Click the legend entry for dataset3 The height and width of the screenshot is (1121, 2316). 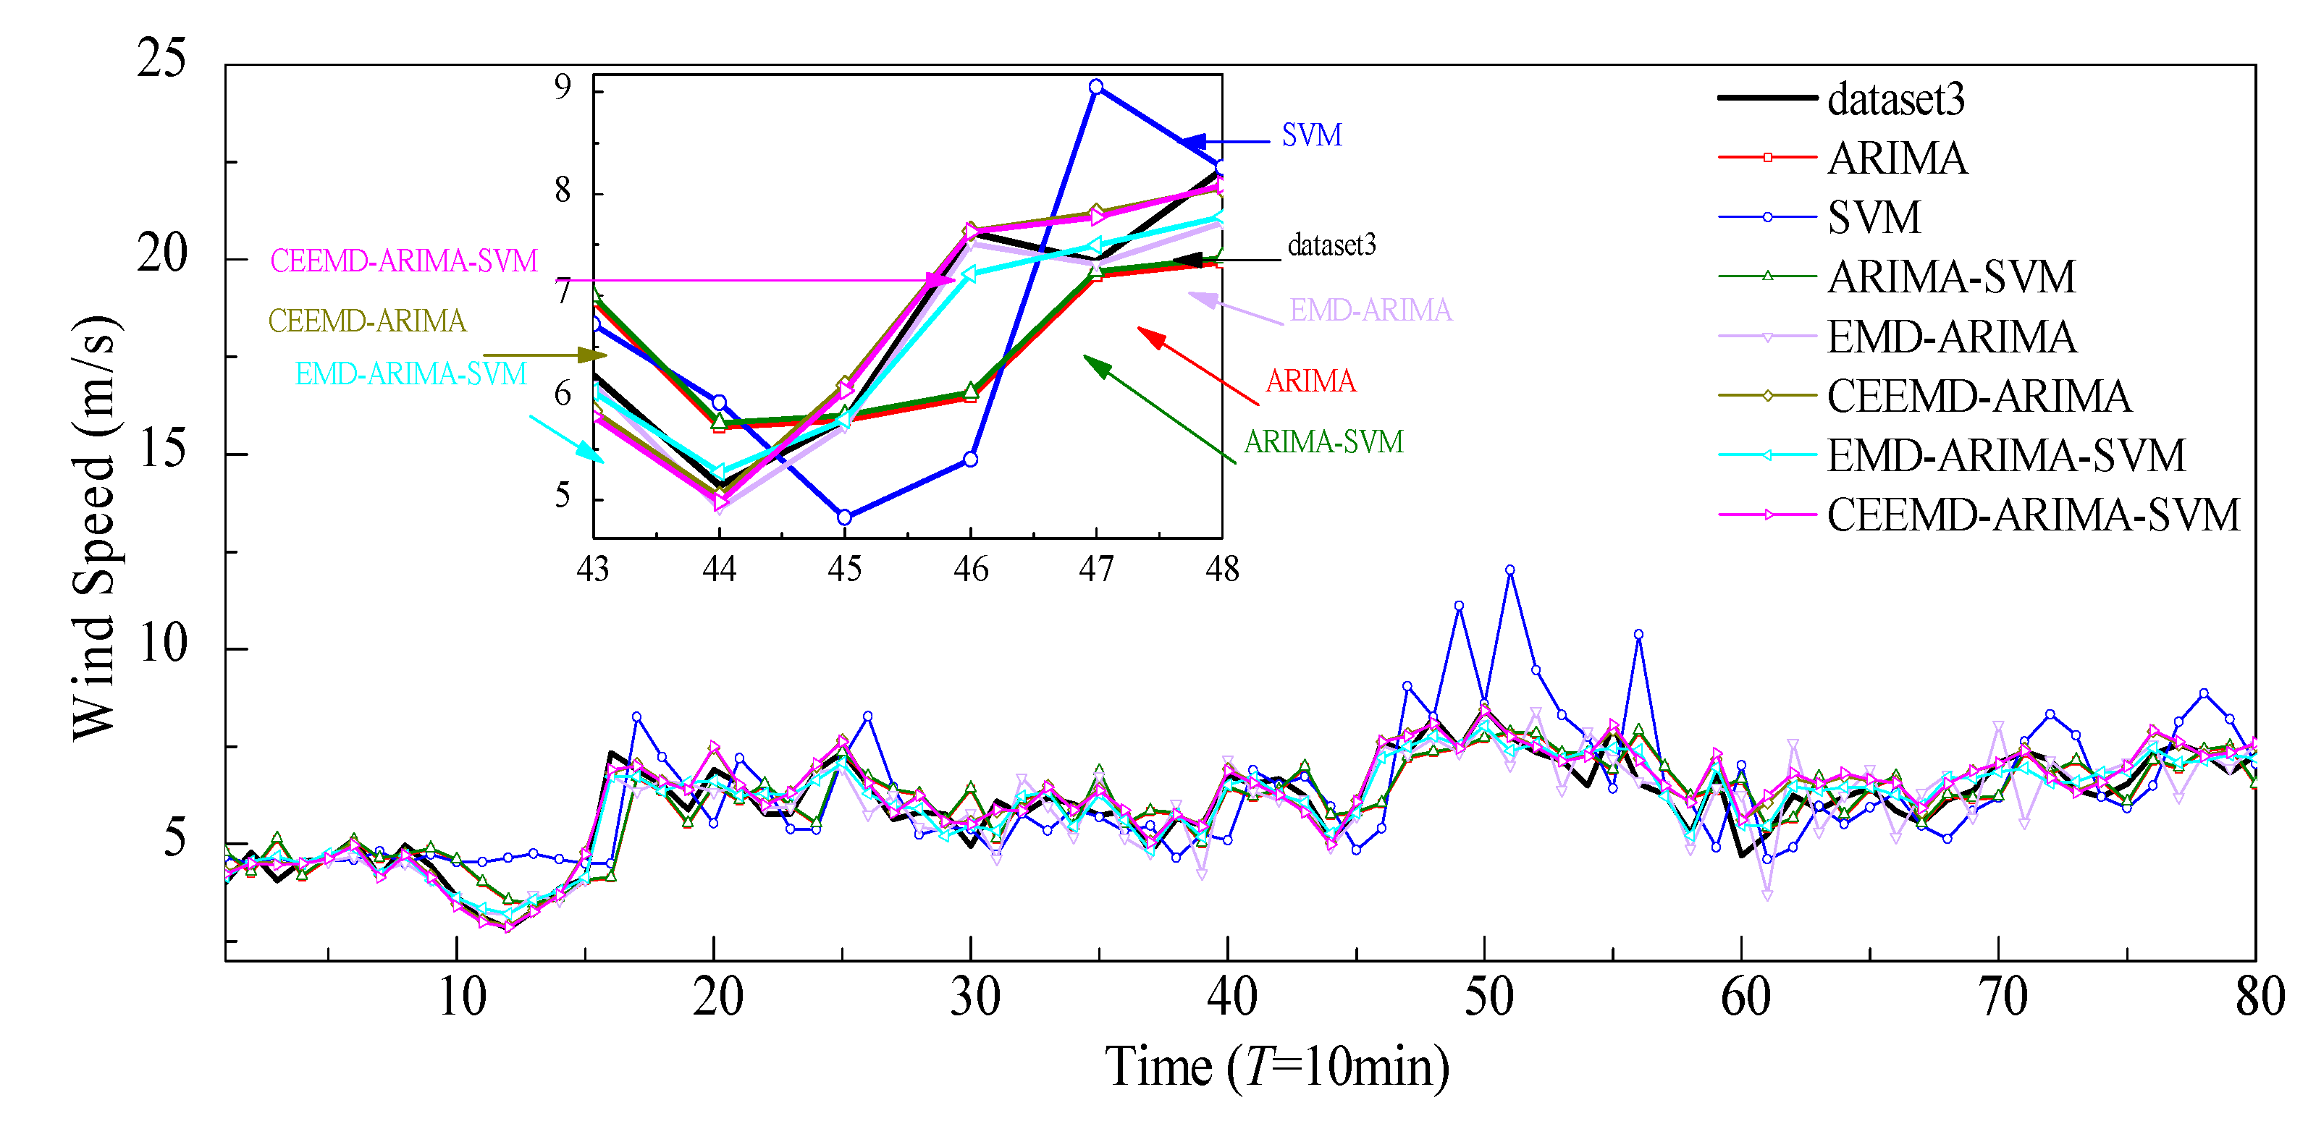click(x=1895, y=99)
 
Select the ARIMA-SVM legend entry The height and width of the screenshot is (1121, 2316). click(x=1951, y=276)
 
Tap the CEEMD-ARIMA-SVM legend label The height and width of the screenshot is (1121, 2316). click(x=2032, y=515)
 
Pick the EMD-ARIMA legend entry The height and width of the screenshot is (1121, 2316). click(x=1951, y=337)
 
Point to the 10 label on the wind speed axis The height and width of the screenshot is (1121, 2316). click(x=163, y=643)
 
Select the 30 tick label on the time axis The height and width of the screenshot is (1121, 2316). click(x=974, y=998)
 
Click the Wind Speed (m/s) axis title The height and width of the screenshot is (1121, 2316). click(x=93, y=528)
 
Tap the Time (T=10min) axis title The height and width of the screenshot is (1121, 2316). click(x=1276, y=1067)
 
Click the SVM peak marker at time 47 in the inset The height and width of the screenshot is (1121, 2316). click(x=1096, y=87)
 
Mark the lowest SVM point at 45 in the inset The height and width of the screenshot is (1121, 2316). click(x=844, y=517)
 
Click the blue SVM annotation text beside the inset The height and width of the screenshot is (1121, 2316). click(x=1311, y=136)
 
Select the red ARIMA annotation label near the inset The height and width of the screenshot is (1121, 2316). click(x=1310, y=381)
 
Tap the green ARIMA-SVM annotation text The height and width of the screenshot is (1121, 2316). click(x=1323, y=441)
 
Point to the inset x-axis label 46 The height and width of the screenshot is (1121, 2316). click(x=971, y=569)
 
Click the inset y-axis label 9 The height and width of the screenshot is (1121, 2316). click(x=563, y=87)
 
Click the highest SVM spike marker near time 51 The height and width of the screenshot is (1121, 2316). click(x=1509, y=570)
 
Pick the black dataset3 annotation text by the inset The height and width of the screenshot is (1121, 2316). click(x=1331, y=245)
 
